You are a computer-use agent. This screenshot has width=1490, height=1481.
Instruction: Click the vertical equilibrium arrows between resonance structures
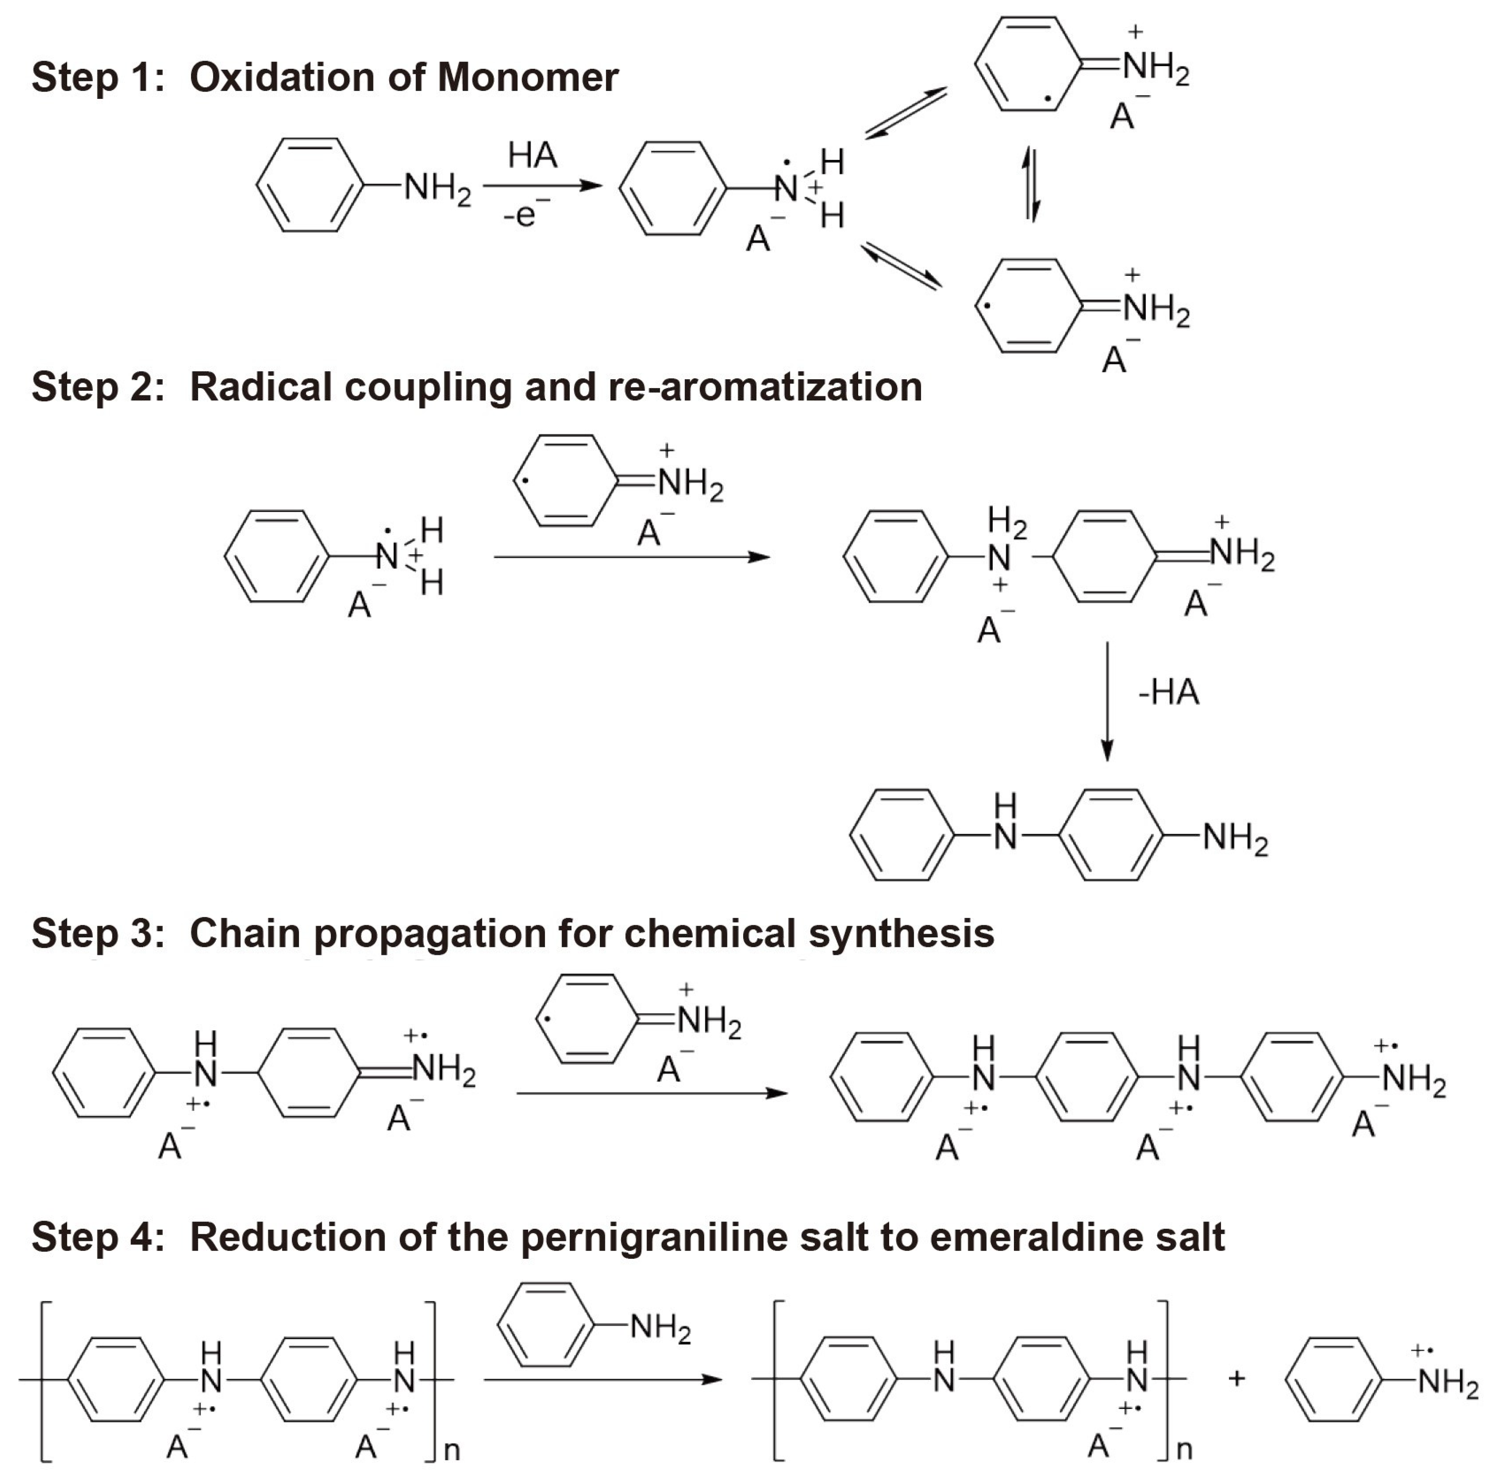click(x=1031, y=185)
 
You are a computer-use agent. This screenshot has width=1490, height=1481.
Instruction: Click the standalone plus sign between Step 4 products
click(x=1236, y=1378)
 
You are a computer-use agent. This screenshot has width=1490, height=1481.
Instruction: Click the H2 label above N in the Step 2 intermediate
click(x=1007, y=524)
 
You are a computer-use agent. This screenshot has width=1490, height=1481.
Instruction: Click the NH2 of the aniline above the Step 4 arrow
click(x=660, y=1328)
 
